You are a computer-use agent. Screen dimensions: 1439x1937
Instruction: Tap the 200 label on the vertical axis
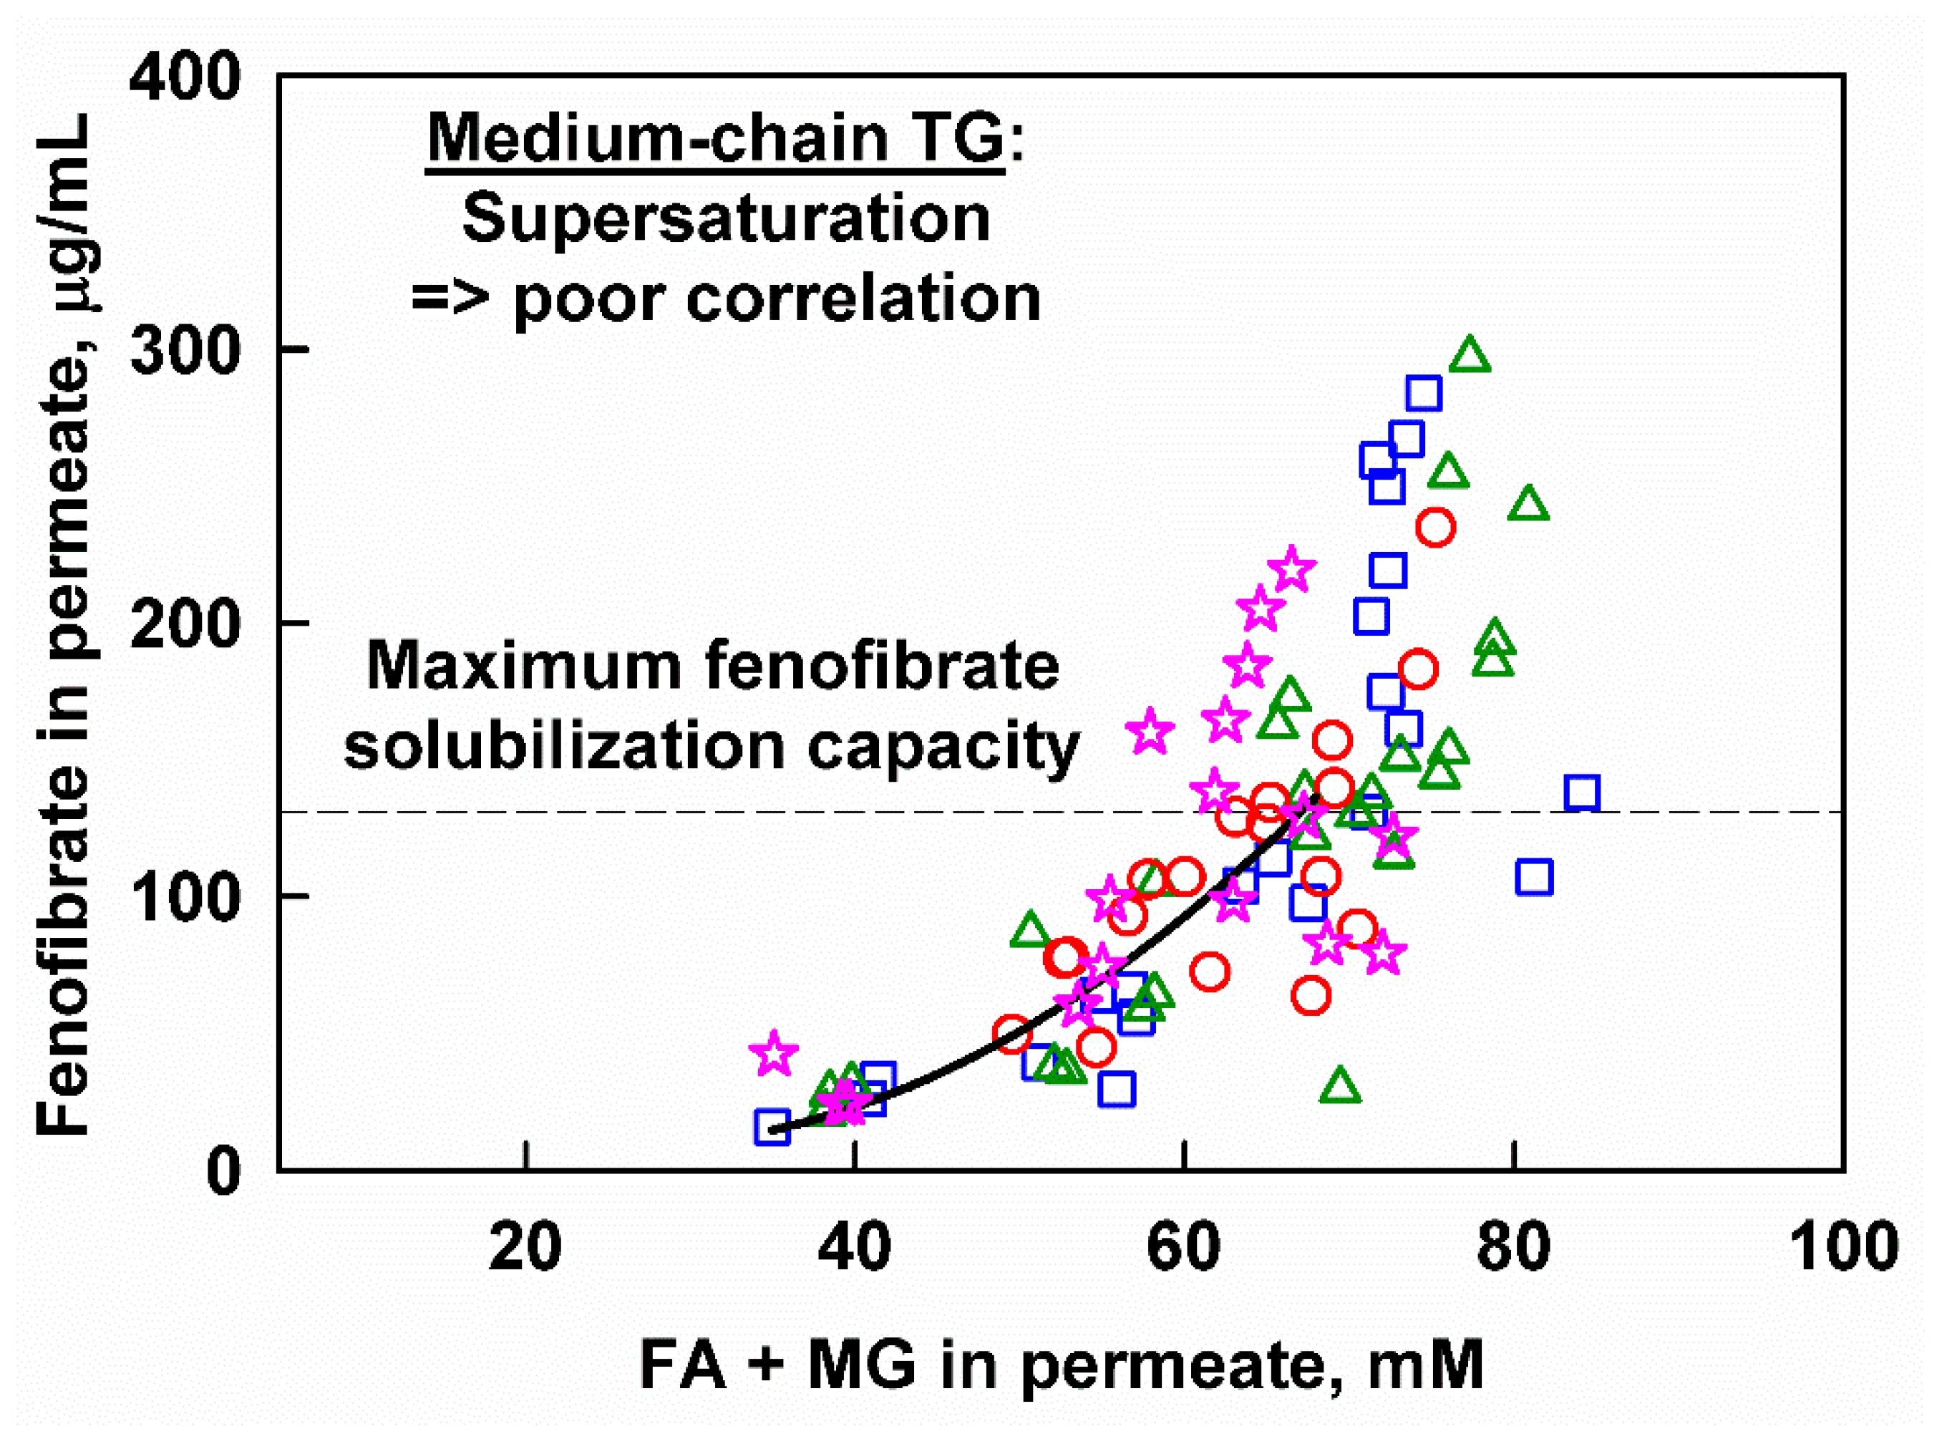[x=185, y=624]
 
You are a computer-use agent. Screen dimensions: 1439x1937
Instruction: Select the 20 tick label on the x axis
[x=525, y=1247]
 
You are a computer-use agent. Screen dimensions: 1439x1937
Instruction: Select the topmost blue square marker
[x=1424, y=394]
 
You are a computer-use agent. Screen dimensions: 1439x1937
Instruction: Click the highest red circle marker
[x=1436, y=527]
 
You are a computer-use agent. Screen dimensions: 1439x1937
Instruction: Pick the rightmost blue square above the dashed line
[x=1583, y=793]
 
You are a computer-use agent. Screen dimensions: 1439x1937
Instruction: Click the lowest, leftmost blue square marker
[x=772, y=1127]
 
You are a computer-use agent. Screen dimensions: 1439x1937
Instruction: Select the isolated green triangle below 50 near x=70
[x=1339, y=1086]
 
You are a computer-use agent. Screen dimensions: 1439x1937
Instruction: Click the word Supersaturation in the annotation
[x=726, y=218]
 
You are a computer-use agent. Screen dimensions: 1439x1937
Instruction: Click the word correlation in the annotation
[x=863, y=299]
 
